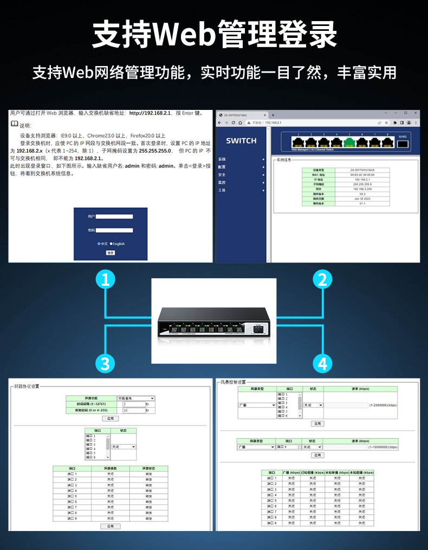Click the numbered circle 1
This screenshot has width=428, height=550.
click(105, 279)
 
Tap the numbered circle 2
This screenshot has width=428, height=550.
click(323, 279)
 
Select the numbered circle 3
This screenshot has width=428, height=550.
click(105, 363)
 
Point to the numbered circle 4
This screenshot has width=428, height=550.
click(323, 363)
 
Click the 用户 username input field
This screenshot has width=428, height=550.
click(114, 216)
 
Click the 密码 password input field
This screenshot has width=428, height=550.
click(114, 230)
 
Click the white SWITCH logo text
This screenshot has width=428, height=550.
click(241, 141)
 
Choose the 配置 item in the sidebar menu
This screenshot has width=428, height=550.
click(222, 167)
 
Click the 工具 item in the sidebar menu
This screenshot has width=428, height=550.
click(222, 191)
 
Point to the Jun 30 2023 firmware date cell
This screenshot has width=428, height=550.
click(362, 199)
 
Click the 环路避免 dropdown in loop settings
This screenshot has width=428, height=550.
click(136, 398)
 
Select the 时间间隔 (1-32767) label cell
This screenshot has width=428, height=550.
click(92, 404)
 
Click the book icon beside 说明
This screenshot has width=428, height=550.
click(15, 125)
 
